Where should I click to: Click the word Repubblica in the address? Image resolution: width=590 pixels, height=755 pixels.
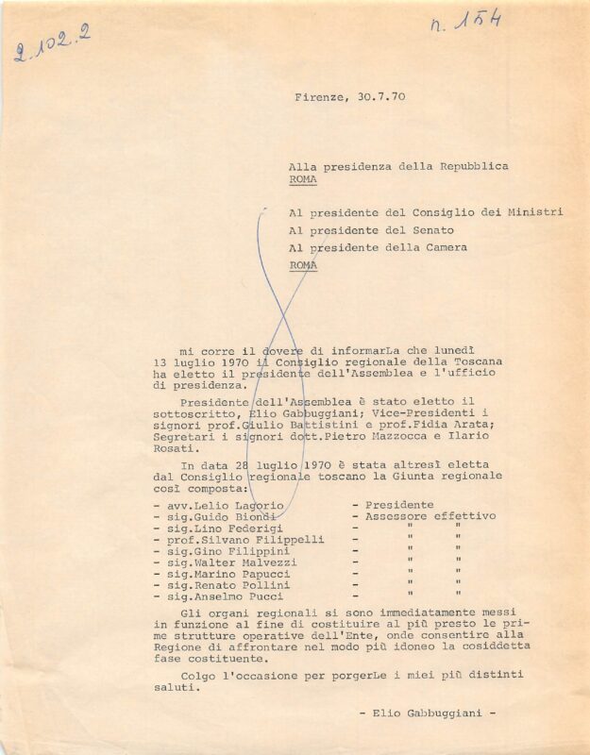pos(473,166)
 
